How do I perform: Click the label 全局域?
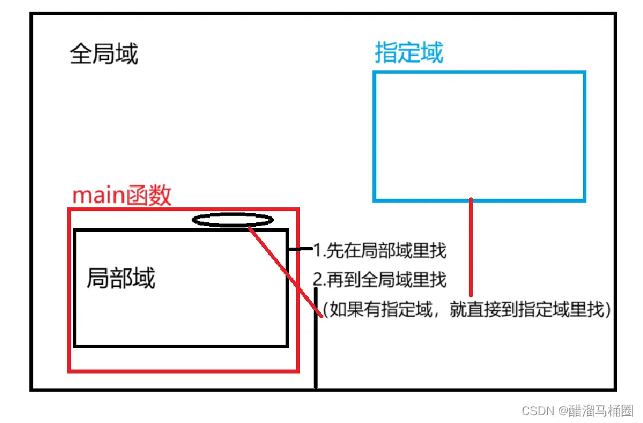click(104, 54)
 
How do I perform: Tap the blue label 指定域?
click(409, 53)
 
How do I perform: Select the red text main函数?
click(121, 195)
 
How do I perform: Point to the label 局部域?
click(121, 278)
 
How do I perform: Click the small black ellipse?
click(233, 220)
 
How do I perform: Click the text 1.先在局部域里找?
click(380, 249)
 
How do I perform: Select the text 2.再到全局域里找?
click(380, 280)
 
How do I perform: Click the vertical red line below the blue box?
click(470, 248)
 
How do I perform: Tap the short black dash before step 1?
click(301, 249)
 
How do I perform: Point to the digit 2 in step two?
click(318, 280)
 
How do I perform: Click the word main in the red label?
click(99, 196)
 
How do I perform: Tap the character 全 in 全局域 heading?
click(81, 54)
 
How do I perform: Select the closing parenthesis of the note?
click(607, 310)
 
